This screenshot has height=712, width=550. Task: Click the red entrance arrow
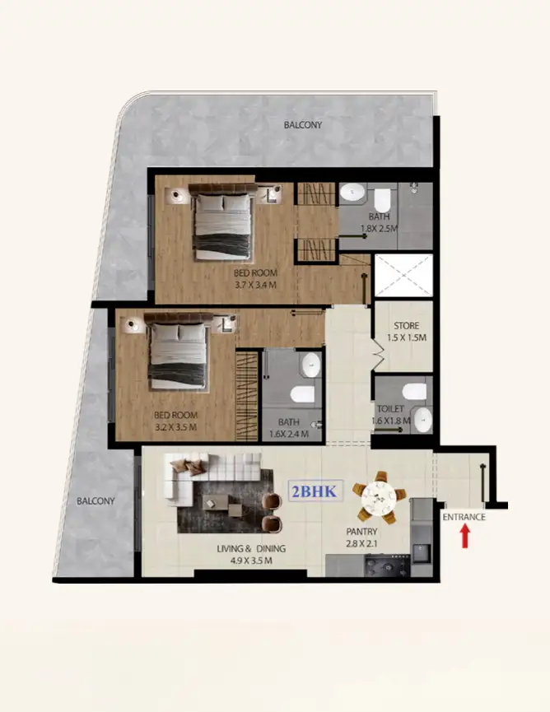tap(464, 536)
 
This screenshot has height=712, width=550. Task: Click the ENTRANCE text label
tap(464, 517)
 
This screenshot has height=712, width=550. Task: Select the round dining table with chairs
tap(380, 496)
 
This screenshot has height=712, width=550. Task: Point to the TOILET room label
tap(389, 408)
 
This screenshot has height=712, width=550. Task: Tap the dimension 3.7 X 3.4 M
tap(254, 286)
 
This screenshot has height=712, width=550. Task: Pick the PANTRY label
tap(362, 532)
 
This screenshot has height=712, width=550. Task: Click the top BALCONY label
tap(302, 125)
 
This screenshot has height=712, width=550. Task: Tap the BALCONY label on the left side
tap(96, 500)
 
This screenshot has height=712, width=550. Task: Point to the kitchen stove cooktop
tap(381, 566)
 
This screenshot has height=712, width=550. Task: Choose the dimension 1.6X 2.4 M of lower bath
tap(288, 434)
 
